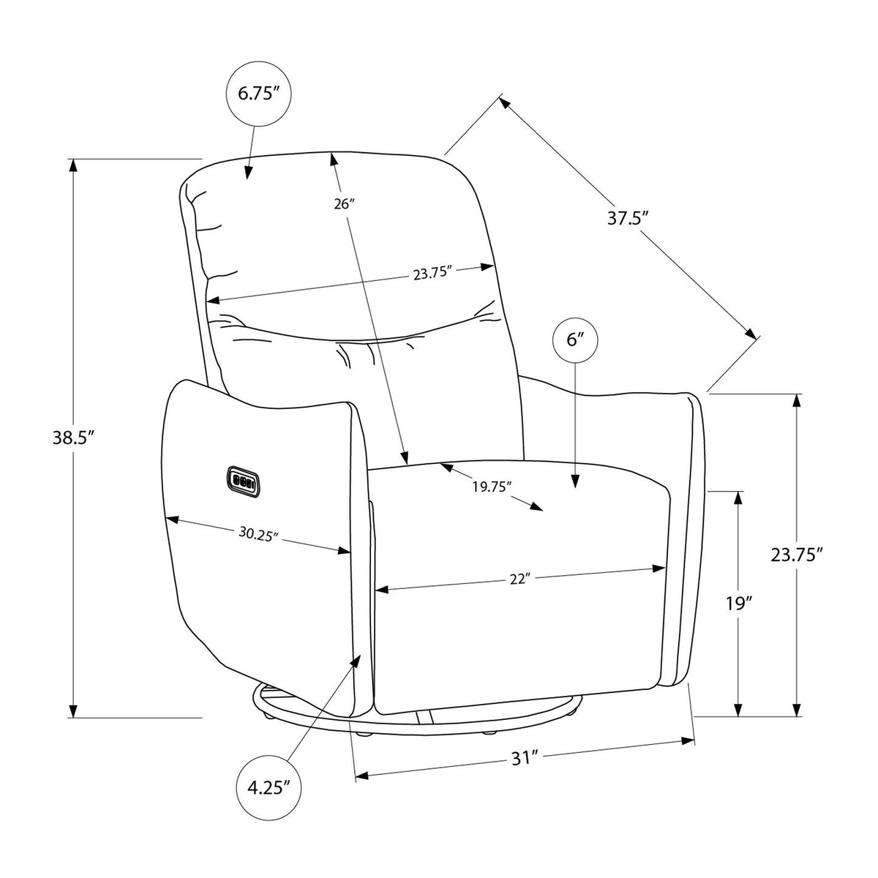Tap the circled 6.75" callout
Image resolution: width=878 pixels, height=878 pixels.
tap(259, 94)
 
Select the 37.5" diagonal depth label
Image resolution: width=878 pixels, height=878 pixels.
tap(627, 217)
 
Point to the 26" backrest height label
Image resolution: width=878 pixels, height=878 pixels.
tap(344, 203)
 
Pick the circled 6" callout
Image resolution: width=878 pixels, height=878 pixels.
tap(575, 340)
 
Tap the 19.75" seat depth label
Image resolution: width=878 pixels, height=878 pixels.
tap(489, 487)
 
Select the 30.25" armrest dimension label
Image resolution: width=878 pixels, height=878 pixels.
tap(258, 534)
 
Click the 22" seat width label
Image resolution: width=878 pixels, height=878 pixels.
tap(520, 579)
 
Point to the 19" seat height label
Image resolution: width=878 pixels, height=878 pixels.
tap(738, 604)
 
